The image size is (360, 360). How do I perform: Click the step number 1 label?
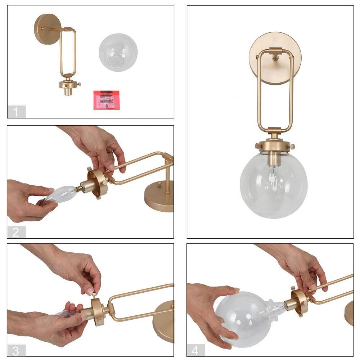tap(16, 112)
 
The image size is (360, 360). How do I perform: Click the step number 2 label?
tap(16, 232)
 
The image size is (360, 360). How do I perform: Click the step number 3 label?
tap(16, 350)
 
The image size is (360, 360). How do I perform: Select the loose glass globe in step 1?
tap(118, 53)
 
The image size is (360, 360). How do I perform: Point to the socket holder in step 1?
tap(68, 86)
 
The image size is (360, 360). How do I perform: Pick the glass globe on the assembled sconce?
tap(274, 187)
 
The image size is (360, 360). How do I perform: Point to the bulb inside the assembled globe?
tap(274, 176)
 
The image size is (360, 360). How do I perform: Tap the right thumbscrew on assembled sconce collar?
tap(292, 146)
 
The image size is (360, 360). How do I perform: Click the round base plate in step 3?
tap(164, 322)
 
